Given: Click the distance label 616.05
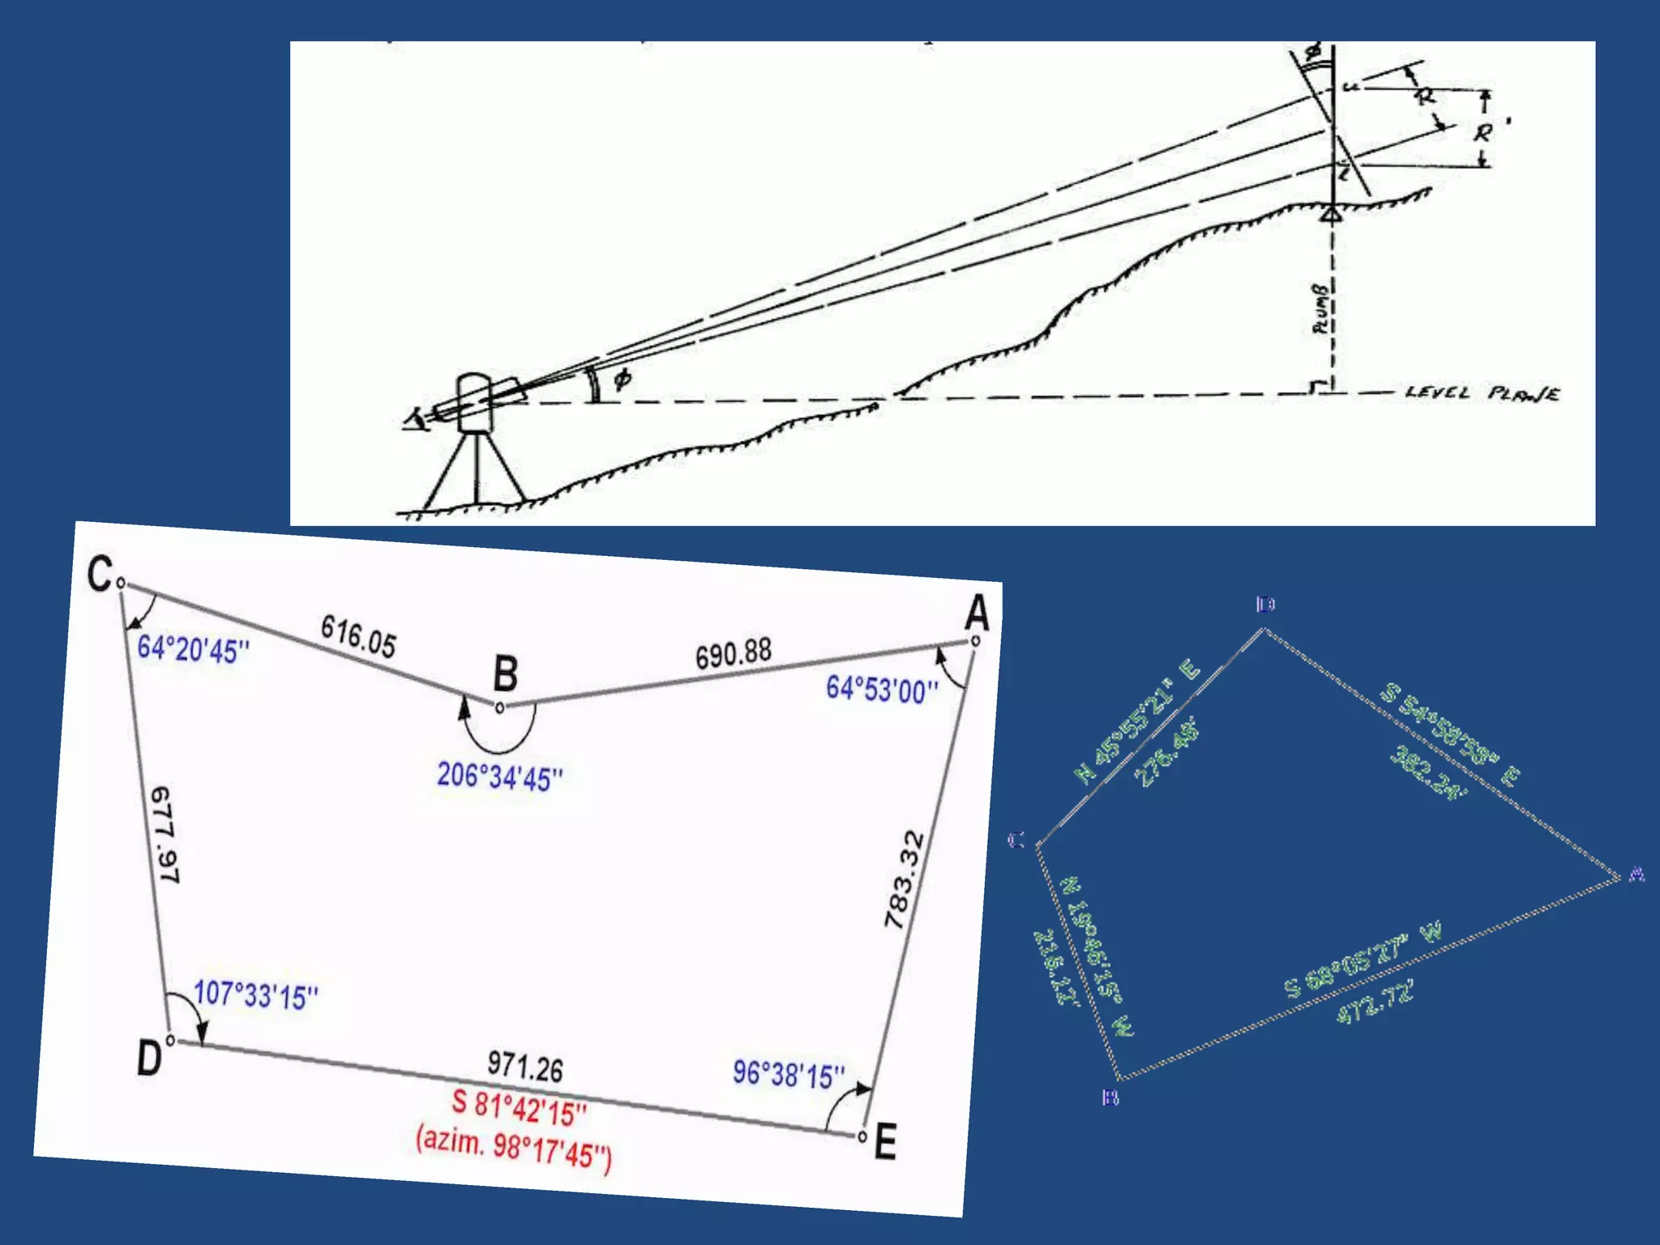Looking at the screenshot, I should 358,636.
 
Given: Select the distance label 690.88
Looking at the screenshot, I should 734,653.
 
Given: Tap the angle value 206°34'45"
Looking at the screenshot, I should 499,777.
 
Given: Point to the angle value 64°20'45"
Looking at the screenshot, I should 193,649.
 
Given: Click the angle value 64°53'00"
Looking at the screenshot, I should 882,690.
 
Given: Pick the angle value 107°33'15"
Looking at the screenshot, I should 256,995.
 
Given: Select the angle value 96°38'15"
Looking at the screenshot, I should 789,1075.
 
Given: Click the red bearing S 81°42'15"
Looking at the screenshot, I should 519,1108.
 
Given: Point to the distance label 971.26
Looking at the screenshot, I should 525,1067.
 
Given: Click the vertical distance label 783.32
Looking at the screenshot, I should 905,880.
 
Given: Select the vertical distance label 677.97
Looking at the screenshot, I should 165,834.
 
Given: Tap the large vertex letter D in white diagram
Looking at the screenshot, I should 149,1059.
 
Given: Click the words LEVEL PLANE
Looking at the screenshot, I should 1482,394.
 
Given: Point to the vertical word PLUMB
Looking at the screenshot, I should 1320,309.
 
